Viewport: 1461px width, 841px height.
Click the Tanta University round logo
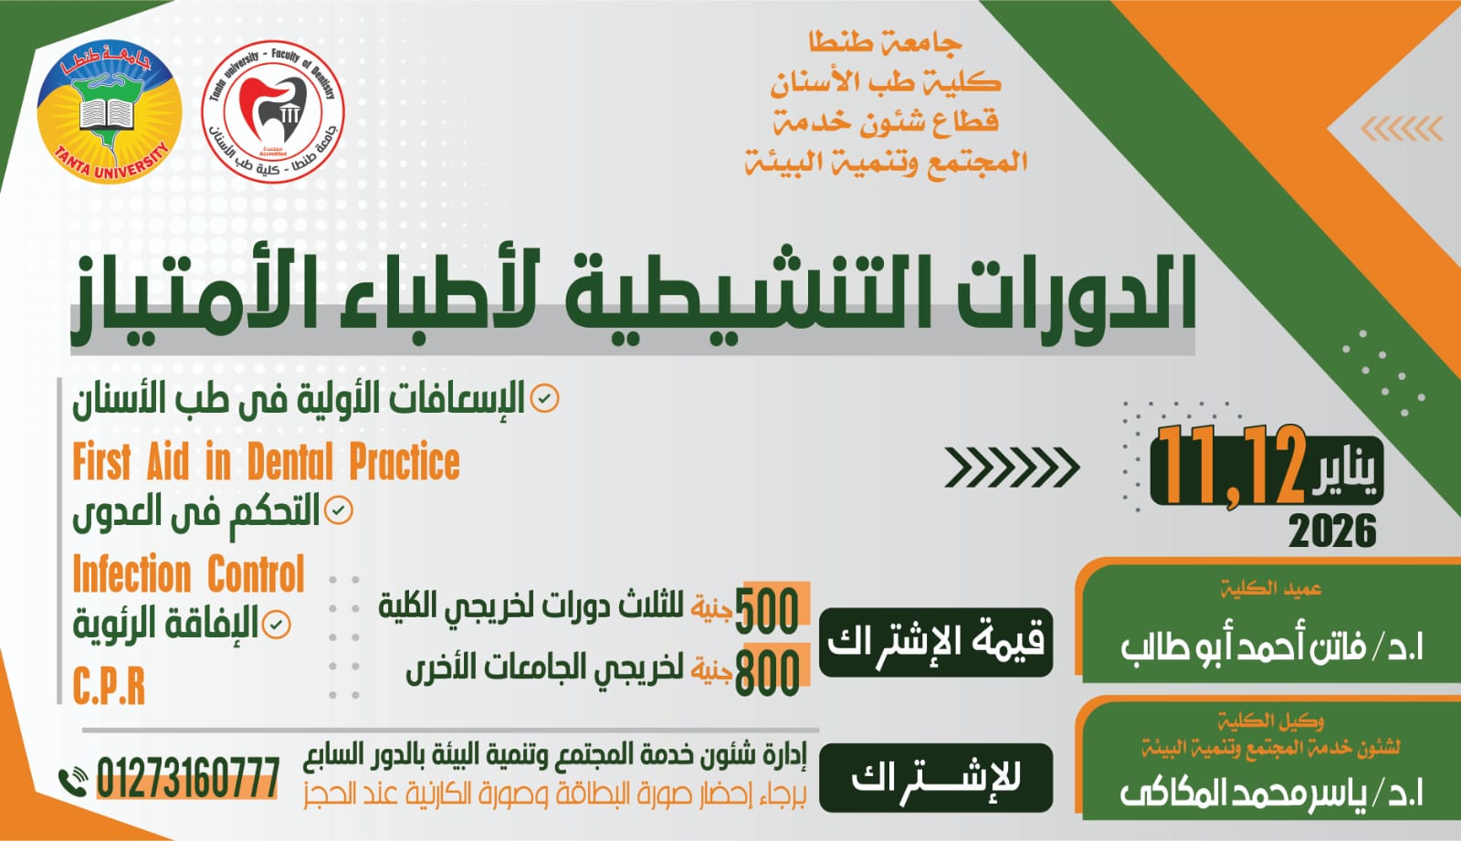109,111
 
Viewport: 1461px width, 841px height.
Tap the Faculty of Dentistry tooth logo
272,111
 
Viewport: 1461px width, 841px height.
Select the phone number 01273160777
187,778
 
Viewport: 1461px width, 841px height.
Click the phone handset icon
72,782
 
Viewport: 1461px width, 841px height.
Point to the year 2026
1332,531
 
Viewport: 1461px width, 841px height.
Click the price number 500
767,610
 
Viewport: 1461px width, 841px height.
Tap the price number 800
767,672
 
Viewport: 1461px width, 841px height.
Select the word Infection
131,574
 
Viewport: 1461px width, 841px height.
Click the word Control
256,574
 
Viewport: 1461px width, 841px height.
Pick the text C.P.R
109,687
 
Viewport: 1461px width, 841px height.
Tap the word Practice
405,462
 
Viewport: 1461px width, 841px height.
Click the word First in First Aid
101,462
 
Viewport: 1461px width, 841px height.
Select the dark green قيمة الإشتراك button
935,642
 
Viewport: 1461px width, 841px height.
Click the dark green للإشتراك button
935,778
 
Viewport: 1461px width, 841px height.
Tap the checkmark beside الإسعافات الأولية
544,399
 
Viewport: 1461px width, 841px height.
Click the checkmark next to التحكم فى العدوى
339,510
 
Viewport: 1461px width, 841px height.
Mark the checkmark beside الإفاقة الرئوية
276,625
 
